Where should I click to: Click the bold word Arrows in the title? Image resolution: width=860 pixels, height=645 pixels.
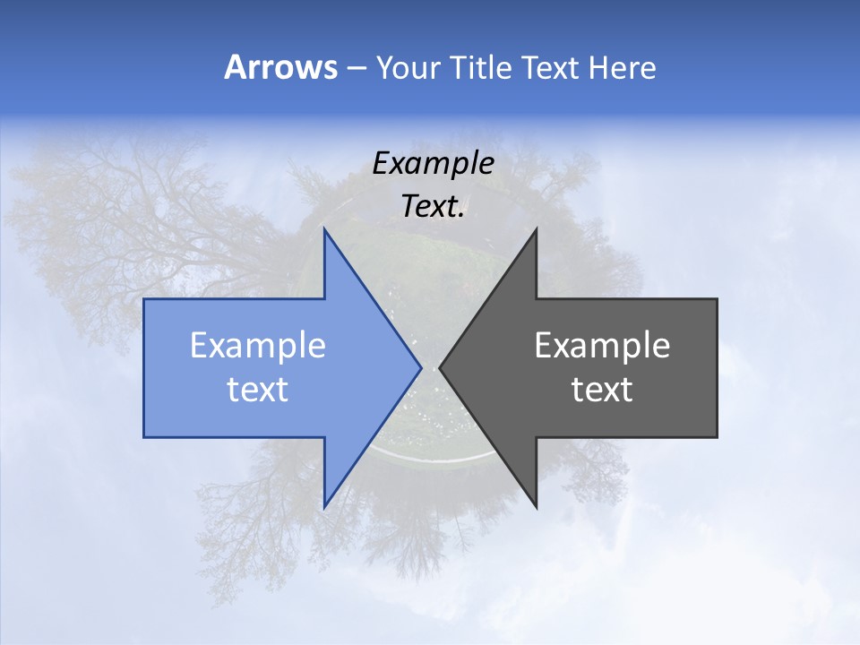point(280,67)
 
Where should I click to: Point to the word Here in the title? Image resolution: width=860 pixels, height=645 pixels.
point(622,68)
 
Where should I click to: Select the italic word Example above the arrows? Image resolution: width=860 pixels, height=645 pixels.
point(433,163)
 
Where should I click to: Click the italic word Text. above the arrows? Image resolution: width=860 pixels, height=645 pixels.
point(433,207)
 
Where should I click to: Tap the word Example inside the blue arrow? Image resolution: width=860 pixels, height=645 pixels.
point(258,346)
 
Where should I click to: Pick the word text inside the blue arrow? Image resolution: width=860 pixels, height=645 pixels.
point(258,390)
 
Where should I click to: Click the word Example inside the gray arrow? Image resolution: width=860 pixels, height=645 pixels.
point(602,346)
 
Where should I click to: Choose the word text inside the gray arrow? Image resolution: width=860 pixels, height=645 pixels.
point(602,390)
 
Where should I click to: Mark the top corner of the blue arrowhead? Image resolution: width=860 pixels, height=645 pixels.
point(324,231)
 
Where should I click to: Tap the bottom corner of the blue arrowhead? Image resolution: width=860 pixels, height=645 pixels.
point(324,506)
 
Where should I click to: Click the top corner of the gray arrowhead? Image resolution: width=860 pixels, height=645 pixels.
point(536,231)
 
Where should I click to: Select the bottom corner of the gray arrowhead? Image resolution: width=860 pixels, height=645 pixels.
point(536,506)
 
